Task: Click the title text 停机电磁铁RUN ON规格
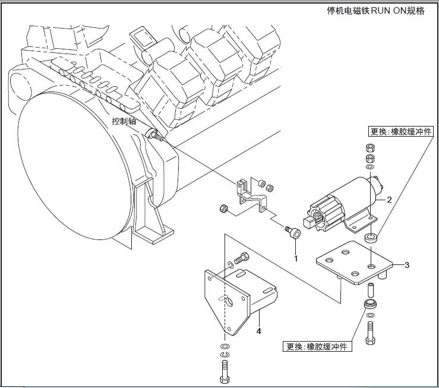pos(376,11)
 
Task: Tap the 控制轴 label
pos(124,121)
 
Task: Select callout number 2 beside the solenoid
pos(389,200)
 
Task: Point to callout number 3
pos(407,265)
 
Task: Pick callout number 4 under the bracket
pos(259,330)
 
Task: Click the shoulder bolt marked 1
pos(293,234)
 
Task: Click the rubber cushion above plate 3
pos(371,239)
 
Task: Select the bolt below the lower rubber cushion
pos(371,330)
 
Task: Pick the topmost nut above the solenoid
pos(369,148)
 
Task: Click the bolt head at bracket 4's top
pos(241,258)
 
